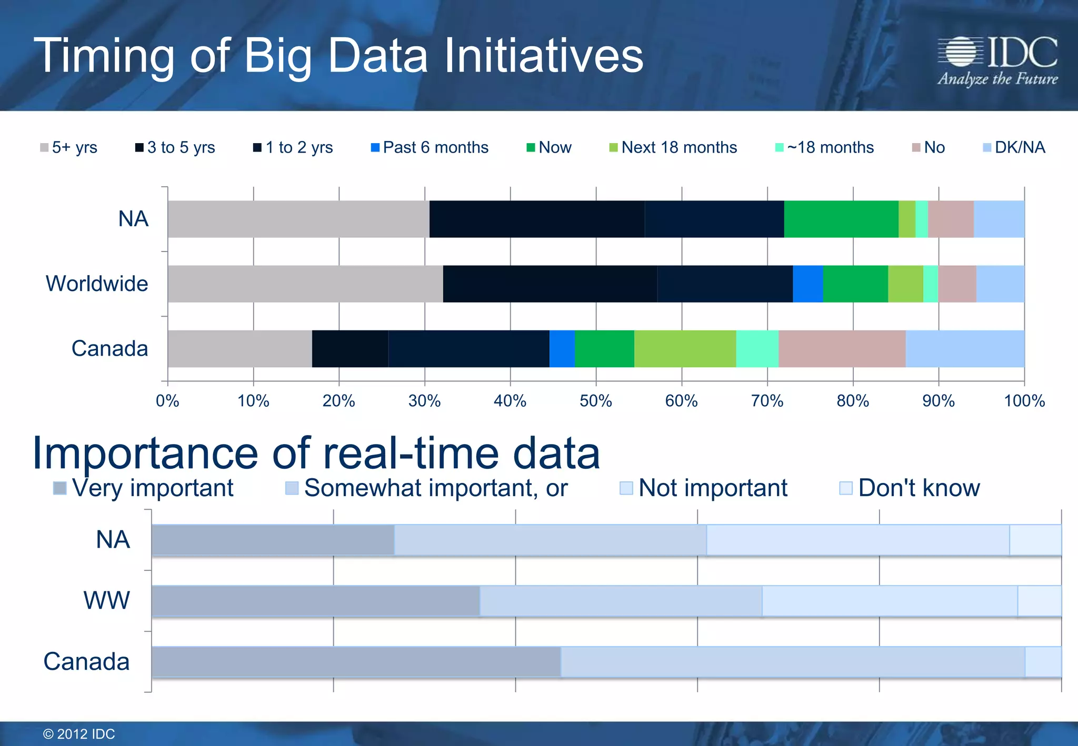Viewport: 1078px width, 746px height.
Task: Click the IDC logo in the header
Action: click(x=997, y=59)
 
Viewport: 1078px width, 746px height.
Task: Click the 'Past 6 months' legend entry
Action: click(x=430, y=147)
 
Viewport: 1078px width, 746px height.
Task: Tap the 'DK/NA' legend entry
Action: click(x=1014, y=147)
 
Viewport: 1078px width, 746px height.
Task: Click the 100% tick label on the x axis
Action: click(x=1024, y=401)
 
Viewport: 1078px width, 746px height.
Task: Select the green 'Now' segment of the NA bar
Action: click(x=841, y=219)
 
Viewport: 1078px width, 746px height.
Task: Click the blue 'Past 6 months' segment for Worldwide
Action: click(x=807, y=284)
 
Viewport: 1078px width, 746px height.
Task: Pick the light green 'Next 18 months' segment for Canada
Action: click(x=685, y=348)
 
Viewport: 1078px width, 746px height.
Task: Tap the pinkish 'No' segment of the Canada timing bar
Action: click(x=842, y=348)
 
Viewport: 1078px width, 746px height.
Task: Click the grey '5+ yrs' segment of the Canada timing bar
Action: click(x=239, y=348)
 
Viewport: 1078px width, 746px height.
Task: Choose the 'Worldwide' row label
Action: click(x=97, y=284)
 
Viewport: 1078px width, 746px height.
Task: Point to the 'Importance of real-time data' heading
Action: click(x=316, y=453)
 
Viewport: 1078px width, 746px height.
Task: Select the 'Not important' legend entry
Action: click(x=704, y=488)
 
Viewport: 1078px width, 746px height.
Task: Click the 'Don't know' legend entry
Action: click(x=910, y=488)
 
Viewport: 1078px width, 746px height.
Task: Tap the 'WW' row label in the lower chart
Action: click(x=106, y=600)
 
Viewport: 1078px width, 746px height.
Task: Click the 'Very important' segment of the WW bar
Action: click(x=315, y=600)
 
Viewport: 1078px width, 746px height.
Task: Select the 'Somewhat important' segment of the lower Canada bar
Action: click(x=792, y=661)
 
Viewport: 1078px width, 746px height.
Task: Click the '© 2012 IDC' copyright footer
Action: click(x=79, y=734)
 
